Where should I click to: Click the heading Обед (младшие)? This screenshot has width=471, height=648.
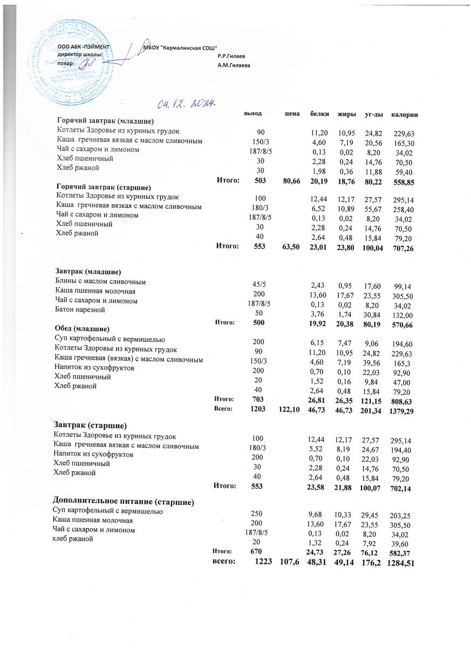point(82,328)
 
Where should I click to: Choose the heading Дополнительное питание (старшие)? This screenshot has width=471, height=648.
point(123,501)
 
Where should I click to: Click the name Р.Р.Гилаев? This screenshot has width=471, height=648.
point(231,56)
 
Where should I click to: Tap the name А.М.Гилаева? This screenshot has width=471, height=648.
point(234,65)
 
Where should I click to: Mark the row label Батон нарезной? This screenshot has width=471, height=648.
point(79,310)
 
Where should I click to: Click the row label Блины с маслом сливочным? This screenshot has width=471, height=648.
point(101,282)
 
